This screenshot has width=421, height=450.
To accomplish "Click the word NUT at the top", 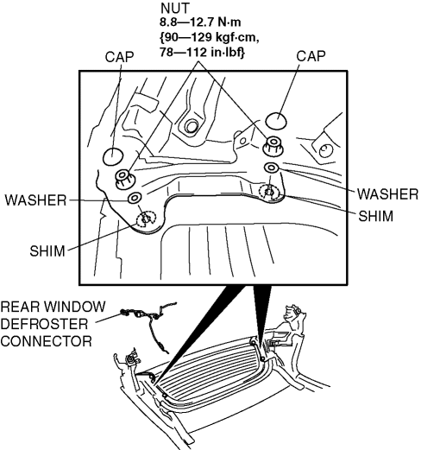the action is point(175,9).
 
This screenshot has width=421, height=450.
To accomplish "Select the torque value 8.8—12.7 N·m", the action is point(200,22).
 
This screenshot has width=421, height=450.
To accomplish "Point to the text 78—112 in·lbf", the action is point(202,53).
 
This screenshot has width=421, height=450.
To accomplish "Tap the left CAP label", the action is point(119,57).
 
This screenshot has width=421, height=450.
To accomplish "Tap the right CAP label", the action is point(311,56).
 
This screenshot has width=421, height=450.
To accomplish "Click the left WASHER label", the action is point(35,200).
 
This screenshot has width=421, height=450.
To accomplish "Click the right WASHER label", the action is point(387,194).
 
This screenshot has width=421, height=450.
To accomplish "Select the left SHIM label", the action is point(47,251).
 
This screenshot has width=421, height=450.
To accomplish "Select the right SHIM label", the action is point(375,216).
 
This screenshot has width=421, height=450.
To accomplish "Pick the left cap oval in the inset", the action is point(113,156).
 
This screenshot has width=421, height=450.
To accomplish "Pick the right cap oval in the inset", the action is point(276,120).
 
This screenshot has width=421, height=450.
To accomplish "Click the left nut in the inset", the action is point(125,179).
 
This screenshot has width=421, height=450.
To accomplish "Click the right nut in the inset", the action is point(273,146).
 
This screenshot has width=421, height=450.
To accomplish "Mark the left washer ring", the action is point(135,198).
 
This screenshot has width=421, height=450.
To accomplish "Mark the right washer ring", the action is point(272,168).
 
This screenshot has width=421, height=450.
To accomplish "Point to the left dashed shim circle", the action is point(146,219).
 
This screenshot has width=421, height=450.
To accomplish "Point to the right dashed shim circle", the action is point(269,193).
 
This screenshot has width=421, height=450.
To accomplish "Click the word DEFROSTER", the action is point(44,324).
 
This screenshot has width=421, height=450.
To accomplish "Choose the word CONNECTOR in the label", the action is point(47,341).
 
